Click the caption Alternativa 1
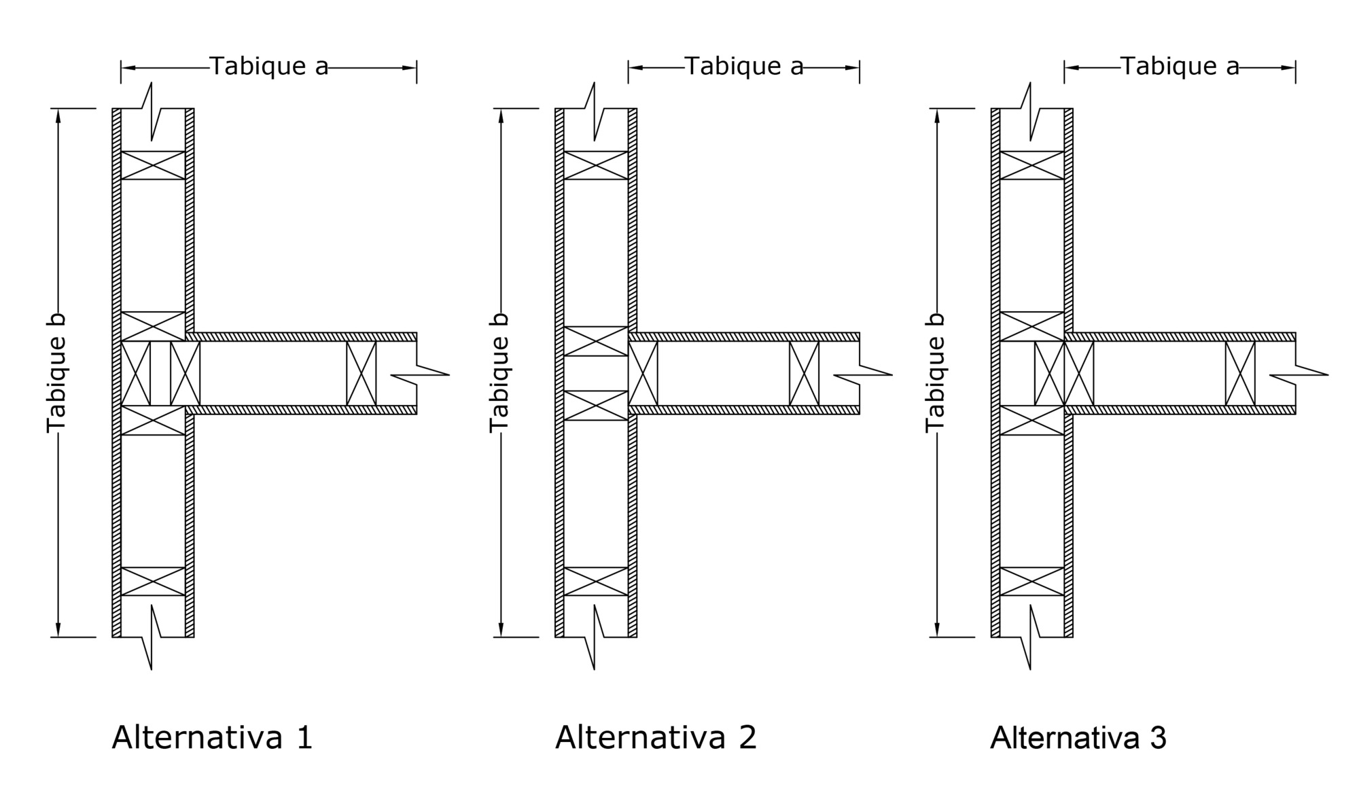[x=212, y=737]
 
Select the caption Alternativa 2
[x=656, y=737]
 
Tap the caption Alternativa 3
[x=1078, y=737]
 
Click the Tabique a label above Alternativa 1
[x=269, y=66]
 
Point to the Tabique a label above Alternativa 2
[x=744, y=66]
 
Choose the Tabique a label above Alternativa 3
[x=1180, y=66]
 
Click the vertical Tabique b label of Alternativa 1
[x=56, y=372]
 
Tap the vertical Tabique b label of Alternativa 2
[x=499, y=372]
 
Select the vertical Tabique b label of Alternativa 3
[x=936, y=372]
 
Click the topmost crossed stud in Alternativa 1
[x=153, y=165]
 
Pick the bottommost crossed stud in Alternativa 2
[x=596, y=582]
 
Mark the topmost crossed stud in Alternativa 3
[x=1032, y=165]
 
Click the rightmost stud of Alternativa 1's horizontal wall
[x=361, y=374]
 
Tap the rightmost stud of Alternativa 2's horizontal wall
[x=805, y=374]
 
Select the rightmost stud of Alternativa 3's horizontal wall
[x=1241, y=374]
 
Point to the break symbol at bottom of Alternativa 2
[x=595, y=637]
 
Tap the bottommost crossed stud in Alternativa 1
[x=153, y=582]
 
